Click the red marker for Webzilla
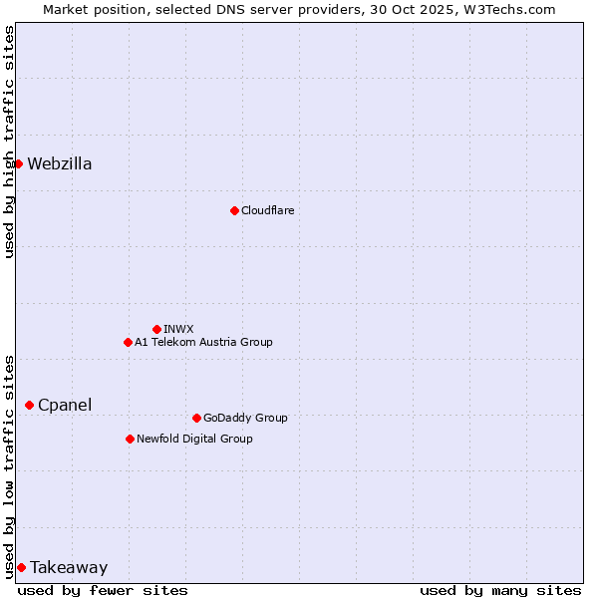click(18, 163)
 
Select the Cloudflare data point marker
click(234, 210)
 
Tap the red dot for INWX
click(156, 329)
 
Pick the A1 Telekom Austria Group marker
click(128, 342)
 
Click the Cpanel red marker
click(29, 405)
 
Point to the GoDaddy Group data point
click(196, 418)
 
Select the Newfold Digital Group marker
click(130, 439)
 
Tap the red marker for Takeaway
click(21, 567)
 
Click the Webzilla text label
click(60, 164)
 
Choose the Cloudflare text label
click(267, 210)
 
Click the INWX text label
click(178, 329)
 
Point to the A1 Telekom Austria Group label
click(203, 342)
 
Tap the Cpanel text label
click(65, 406)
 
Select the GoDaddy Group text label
click(245, 418)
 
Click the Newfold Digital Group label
click(194, 439)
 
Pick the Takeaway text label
click(69, 568)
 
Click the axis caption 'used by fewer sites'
click(103, 590)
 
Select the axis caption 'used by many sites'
click(500, 590)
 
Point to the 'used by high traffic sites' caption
click(9, 142)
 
